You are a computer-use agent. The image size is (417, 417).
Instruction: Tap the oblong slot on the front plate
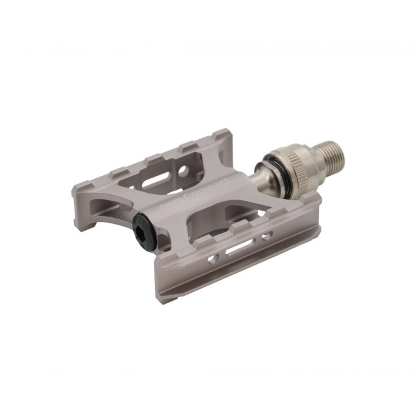[x=240, y=247]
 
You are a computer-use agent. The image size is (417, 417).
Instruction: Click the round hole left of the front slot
[x=213, y=259]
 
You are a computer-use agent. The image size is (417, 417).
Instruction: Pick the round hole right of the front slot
[x=267, y=236]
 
